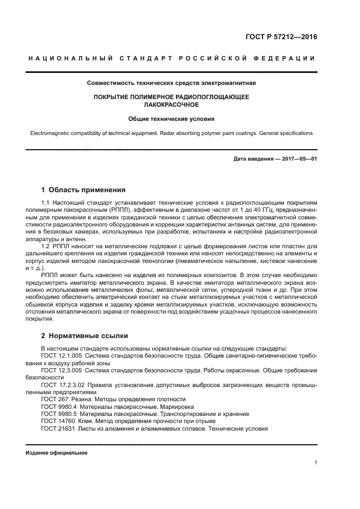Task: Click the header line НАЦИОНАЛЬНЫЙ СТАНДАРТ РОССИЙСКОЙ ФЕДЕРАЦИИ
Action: click(171, 58)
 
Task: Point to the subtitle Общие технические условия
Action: click(172, 118)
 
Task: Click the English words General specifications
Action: click(283, 133)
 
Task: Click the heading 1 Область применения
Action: click(83, 190)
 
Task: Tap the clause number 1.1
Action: click(46, 203)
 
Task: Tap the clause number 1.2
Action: click(46, 246)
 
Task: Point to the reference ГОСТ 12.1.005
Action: click(61, 355)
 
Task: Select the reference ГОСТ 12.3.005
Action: click(61, 370)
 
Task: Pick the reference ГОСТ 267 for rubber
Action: click(54, 399)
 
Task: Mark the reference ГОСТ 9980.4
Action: click(58, 407)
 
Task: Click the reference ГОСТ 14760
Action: click(58, 421)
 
